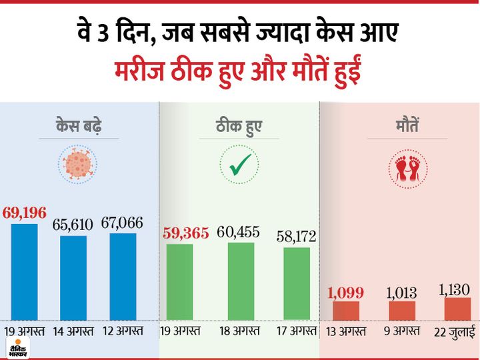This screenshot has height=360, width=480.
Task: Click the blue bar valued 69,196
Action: (24, 271)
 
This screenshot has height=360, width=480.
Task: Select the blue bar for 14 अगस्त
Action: (73, 277)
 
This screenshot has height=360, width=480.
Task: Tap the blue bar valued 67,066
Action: (122, 276)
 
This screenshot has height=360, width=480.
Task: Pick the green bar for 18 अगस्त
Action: (240, 281)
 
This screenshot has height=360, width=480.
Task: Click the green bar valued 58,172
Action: (296, 283)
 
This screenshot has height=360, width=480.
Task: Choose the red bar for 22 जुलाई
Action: (457, 309)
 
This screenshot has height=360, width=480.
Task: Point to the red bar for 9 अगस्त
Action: (402, 310)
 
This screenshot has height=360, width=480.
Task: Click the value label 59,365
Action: (186, 233)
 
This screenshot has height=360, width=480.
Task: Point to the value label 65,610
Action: (73, 225)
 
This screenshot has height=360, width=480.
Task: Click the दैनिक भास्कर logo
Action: (16, 349)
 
